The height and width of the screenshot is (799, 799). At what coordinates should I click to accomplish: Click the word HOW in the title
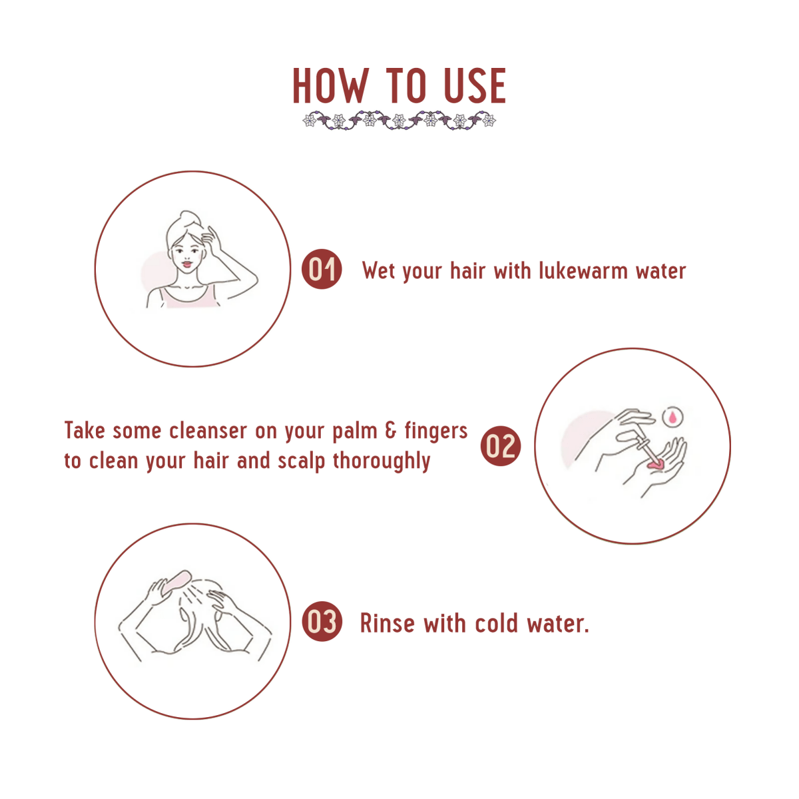click(x=330, y=85)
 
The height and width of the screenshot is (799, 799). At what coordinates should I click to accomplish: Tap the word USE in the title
click(x=475, y=85)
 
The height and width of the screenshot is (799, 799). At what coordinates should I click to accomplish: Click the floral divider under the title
click(x=400, y=121)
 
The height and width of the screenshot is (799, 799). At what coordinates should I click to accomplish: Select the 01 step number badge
click(x=322, y=269)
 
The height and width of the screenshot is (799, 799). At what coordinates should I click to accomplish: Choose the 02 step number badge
click(x=501, y=445)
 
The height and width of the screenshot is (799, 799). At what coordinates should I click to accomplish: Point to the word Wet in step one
click(x=378, y=271)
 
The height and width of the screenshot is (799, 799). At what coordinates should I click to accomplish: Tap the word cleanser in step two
click(x=206, y=430)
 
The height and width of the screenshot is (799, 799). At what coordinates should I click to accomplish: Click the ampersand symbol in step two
click(x=391, y=430)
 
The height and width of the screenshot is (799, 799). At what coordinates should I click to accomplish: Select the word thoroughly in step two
click(x=382, y=461)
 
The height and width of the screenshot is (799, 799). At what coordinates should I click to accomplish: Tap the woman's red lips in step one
click(x=187, y=263)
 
